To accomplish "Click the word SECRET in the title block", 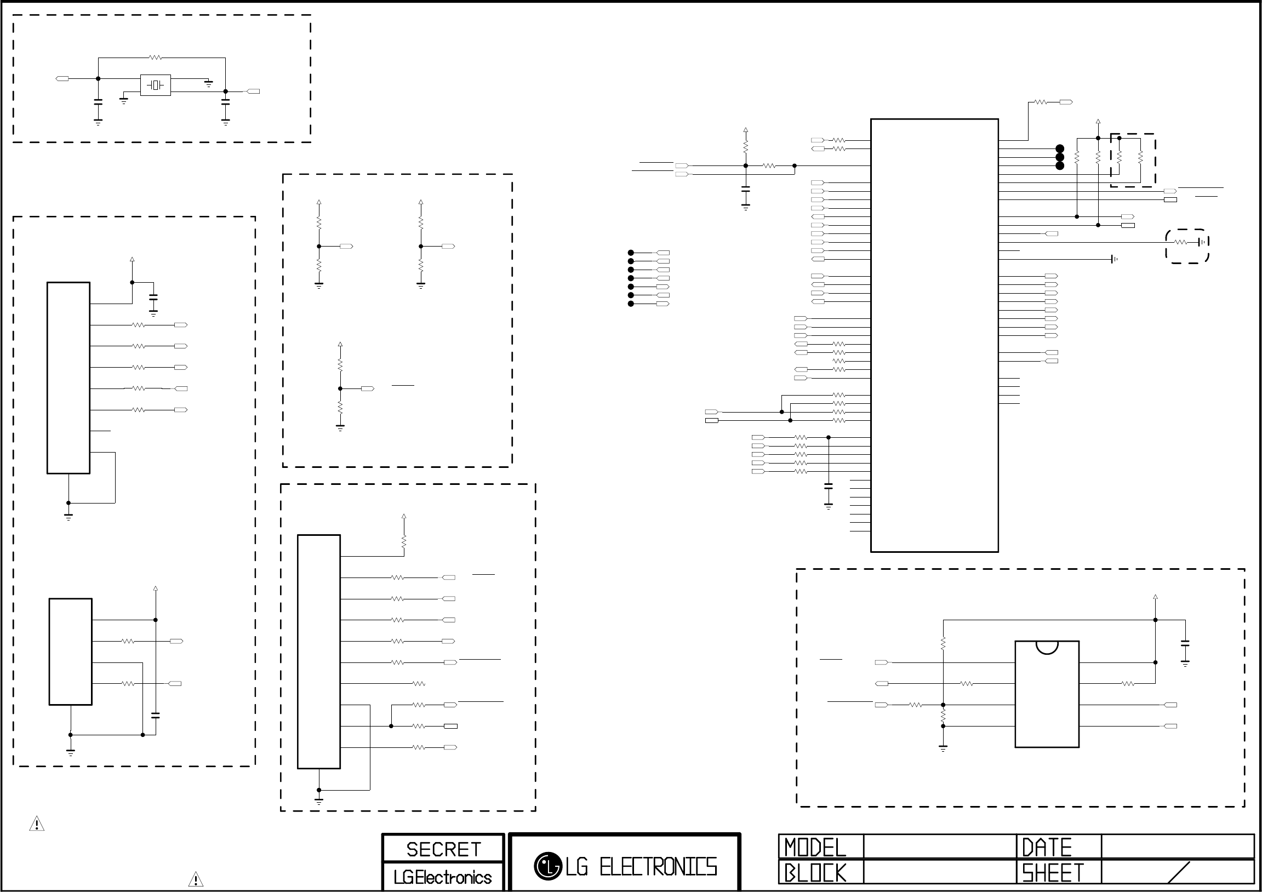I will pos(443,850).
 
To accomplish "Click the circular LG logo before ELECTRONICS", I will pos(547,866).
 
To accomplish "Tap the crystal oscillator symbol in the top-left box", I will pos(156,85).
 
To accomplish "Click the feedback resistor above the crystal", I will pos(156,57).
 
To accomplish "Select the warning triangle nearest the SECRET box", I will pos(196,879).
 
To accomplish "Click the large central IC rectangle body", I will pos(934,335).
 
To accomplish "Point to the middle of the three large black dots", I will pos(1060,157).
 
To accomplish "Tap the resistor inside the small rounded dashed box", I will pos(1180,242).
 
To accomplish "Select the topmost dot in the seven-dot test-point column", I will pos(631,253).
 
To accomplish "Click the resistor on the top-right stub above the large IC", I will pos(1041,102).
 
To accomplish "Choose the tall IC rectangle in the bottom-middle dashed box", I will pos(319,651).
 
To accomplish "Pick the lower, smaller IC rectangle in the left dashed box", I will pos(70,651).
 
